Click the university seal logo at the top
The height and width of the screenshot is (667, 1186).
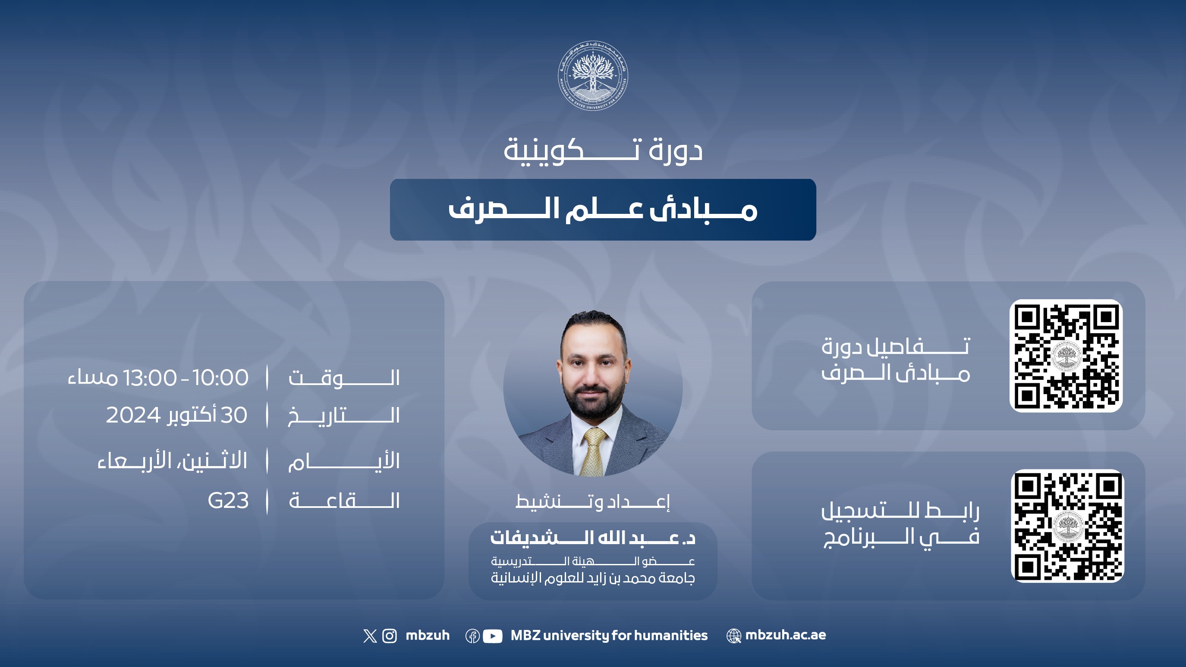[592, 76]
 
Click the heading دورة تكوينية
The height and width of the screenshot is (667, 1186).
[603, 150]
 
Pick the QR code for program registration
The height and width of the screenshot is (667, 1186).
[1067, 526]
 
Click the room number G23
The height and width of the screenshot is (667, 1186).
[228, 501]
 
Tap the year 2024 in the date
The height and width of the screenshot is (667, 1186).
[133, 415]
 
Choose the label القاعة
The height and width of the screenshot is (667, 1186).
[344, 501]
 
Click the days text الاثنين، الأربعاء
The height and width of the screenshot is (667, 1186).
[172, 460]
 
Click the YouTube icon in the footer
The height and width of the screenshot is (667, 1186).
[493, 636]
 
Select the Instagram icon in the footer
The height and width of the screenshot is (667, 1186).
[390, 636]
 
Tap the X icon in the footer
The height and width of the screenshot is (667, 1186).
[370, 636]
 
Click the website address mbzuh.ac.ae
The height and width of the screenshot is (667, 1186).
[786, 635]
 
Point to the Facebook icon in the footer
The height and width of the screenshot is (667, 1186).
[472, 636]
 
